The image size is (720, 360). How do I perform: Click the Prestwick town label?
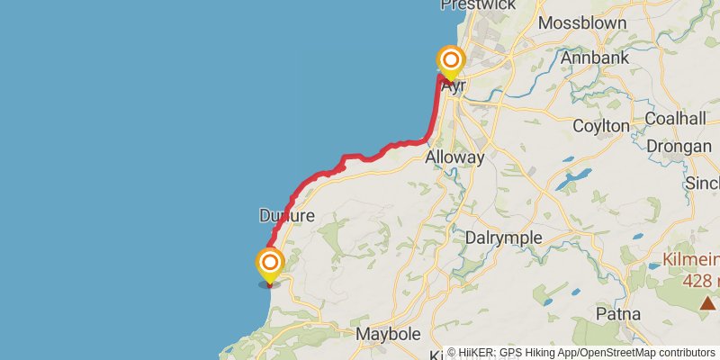tap(478, 4)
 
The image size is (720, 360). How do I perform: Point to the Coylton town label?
tap(601, 126)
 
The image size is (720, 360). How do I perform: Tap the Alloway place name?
tap(454, 157)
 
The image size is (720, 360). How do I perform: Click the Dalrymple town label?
tap(504, 238)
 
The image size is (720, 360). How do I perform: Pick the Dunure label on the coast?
tap(286, 216)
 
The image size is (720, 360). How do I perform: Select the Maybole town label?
tap(390, 334)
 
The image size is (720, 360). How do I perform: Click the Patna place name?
tap(618, 314)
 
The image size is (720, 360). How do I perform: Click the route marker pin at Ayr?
tap(451, 63)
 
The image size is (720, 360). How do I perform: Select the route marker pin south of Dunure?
tap(269, 265)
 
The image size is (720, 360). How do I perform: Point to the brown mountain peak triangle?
tap(709, 304)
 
